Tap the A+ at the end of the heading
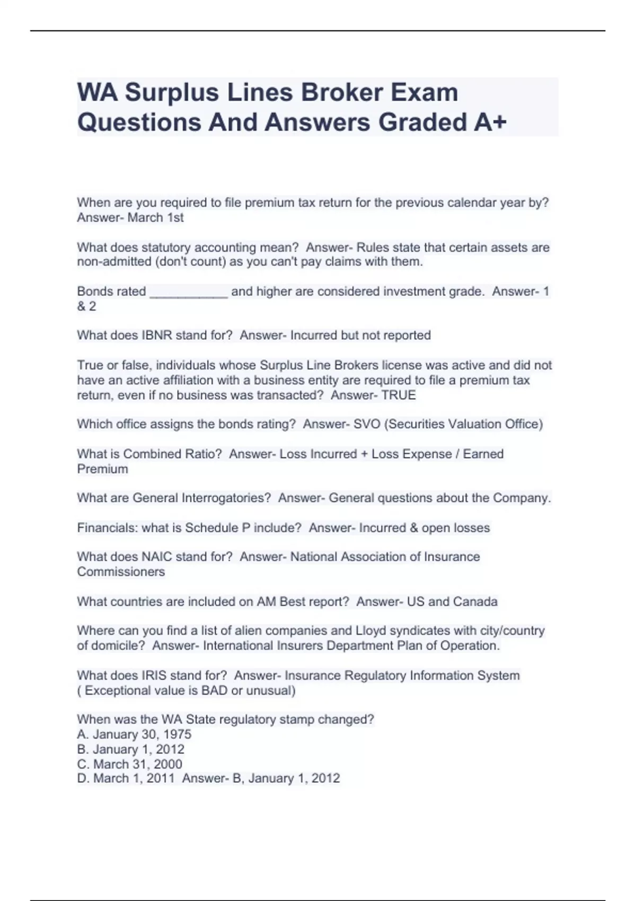coord(490,122)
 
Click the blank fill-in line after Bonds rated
coord(189,292)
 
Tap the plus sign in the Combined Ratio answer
coord(364,454)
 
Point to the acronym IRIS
coord(154,676)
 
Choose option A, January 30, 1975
coord(134,735)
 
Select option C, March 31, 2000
coord(130,764)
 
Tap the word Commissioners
coord(121,572)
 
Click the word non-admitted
coord(114,262)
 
